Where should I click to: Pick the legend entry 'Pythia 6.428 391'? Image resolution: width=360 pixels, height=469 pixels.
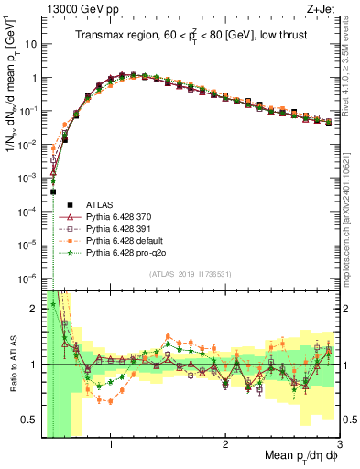[116, 228]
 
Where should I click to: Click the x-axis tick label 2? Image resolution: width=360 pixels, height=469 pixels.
[225, 445]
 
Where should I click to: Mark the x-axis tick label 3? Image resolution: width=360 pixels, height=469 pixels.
[338, 445]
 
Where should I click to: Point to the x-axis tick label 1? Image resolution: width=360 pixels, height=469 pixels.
[111, 445]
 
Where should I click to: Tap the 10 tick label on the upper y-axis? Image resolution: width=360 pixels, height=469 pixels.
[31, 44]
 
